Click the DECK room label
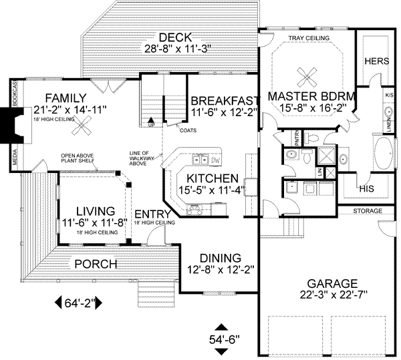(170, 36)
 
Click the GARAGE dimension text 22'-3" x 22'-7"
(329, 295)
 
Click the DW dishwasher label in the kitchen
(215, 160)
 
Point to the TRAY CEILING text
(308, 39)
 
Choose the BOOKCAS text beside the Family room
(13, 92)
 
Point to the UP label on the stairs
(150, 124)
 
